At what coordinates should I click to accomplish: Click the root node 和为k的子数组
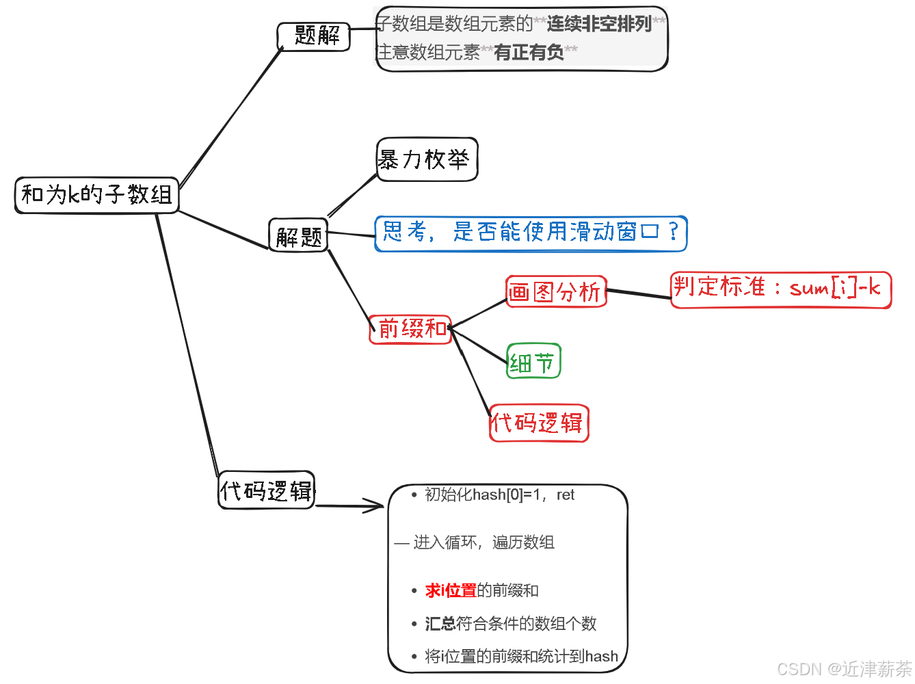[x=96, y=195]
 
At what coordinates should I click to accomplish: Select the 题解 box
[x=314, y=36]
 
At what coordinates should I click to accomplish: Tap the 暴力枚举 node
[x=427, y=160]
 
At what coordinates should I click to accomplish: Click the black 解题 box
[x=298, y=236]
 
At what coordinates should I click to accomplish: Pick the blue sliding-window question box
[x=531, y=233]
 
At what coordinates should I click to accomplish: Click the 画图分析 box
[x=556, y=292]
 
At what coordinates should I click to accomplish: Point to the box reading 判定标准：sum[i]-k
[x=780, y=289]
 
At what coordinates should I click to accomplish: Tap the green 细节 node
[x=533, y=362]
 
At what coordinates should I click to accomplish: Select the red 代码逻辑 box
[x=539, y=423]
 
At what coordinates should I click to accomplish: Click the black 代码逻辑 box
[x=267, y=490]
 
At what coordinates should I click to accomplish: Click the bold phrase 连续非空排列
[x=599, y=24]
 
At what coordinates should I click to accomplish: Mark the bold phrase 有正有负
[x=529, y=52]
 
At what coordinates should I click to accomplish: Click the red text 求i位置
[x=451, y=590]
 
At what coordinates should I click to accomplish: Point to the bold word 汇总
[x=440, y=623]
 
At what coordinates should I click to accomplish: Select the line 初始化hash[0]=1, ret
[x=499, y=495]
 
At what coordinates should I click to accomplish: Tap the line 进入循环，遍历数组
[x=483, y=542]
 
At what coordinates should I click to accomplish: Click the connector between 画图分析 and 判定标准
[x=638, y=293]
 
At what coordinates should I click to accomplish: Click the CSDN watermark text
[x=845, y=668]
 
